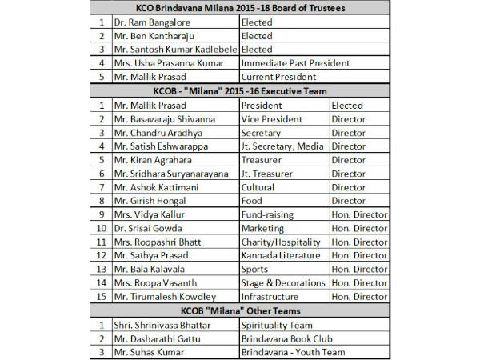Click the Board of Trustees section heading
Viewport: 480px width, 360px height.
(x=240, y=9)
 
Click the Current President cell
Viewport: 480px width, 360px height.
(x=281, y=77)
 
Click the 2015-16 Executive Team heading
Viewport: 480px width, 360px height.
(x=240, y=91)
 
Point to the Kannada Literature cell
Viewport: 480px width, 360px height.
(x=282, y=255)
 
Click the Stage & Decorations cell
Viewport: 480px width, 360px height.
(x=284, y=282)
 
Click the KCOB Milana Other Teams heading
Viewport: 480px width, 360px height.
(x=240, y=310)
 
